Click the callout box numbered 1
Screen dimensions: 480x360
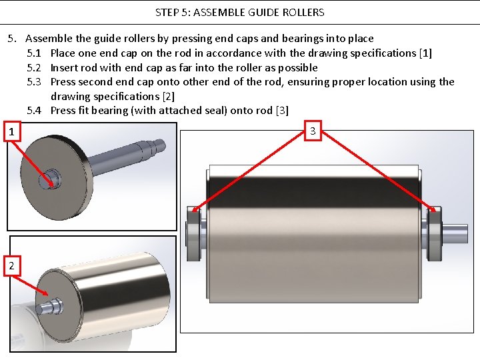point(12,131)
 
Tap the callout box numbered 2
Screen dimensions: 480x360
point(12,266)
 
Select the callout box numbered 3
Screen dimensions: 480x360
point(313,131)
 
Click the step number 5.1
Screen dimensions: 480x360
point(34,53)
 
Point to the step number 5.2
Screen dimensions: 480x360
point(34,67)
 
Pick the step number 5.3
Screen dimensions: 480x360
point(34,82)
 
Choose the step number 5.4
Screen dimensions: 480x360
point(34,110)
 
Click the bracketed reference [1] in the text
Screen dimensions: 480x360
point(425,53)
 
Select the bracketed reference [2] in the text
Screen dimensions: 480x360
point(169,97)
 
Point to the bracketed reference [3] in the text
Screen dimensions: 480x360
point(282,110)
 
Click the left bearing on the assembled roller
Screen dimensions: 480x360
point(194,233)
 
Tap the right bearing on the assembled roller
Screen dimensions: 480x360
point(434,233)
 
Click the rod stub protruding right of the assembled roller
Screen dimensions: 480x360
point(455,233)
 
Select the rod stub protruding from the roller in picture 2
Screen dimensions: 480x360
point(50,306)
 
